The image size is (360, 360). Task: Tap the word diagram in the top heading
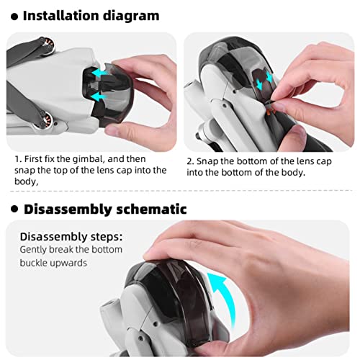click(143, 14)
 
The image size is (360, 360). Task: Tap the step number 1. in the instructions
click(17, 158)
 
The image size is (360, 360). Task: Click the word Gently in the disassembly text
click(34, 250)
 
